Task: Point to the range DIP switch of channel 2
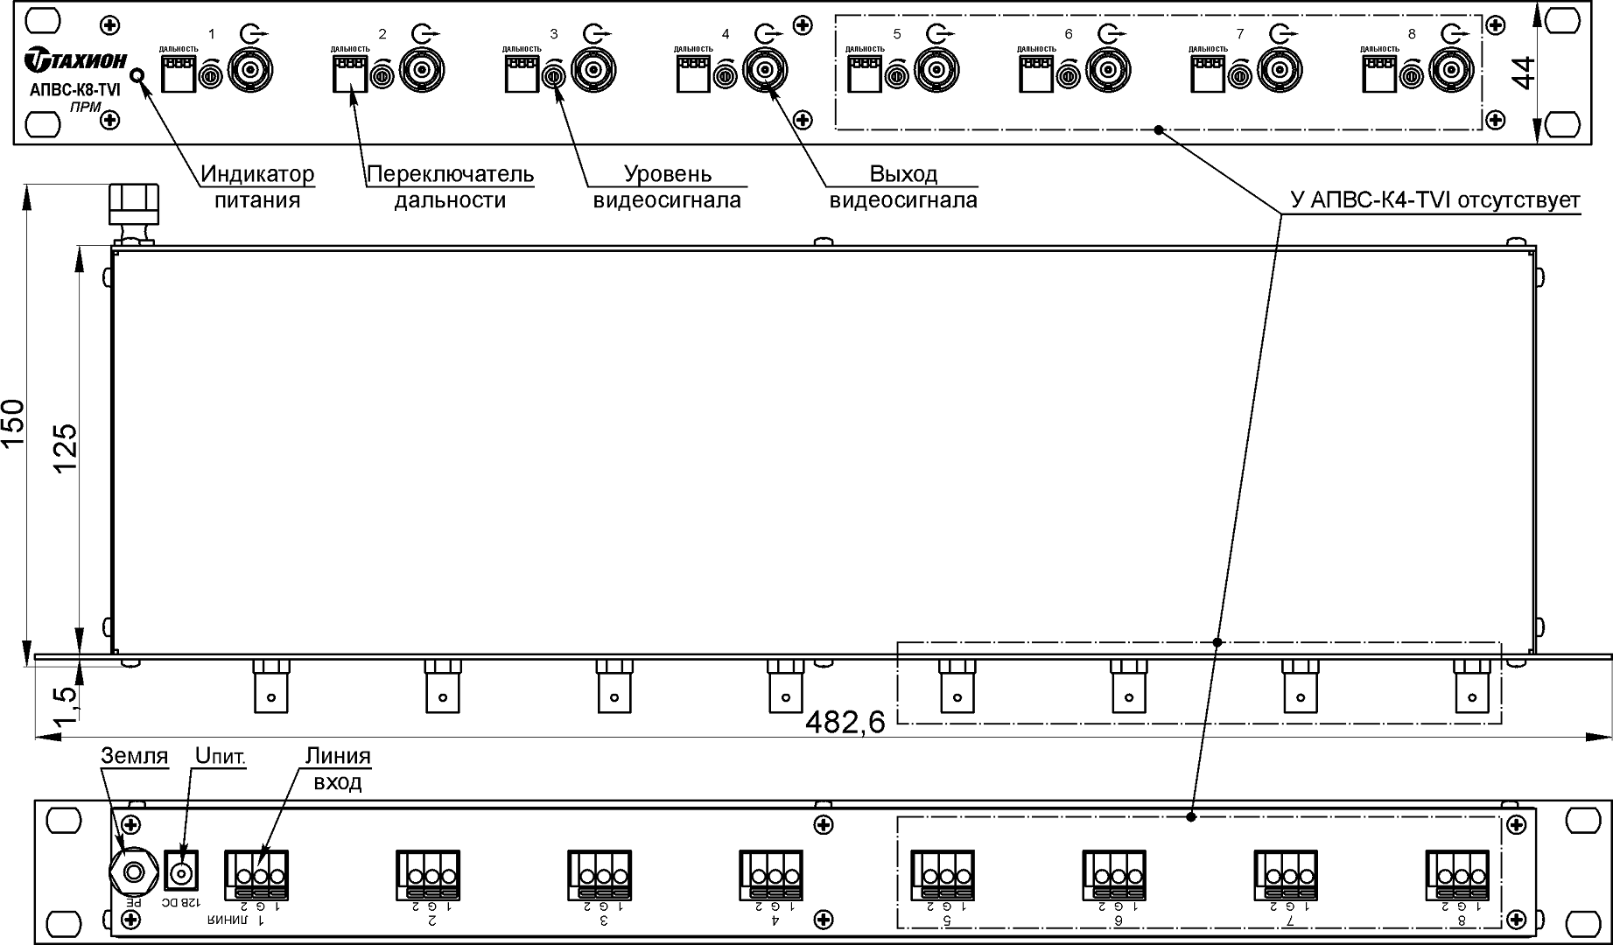pos(348,75)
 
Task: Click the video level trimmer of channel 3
pos(552,76)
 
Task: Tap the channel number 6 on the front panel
pos(1068,34)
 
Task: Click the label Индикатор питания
pos(257,186)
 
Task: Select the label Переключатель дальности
pos(450,186)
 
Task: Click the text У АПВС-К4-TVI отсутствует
pos(1435,200)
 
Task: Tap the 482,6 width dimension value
pos(845,722)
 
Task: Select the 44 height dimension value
pos(1524,72)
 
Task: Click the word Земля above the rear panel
pos(134,755)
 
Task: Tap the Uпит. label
pos(220,755)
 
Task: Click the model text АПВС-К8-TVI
pos(74,89)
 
